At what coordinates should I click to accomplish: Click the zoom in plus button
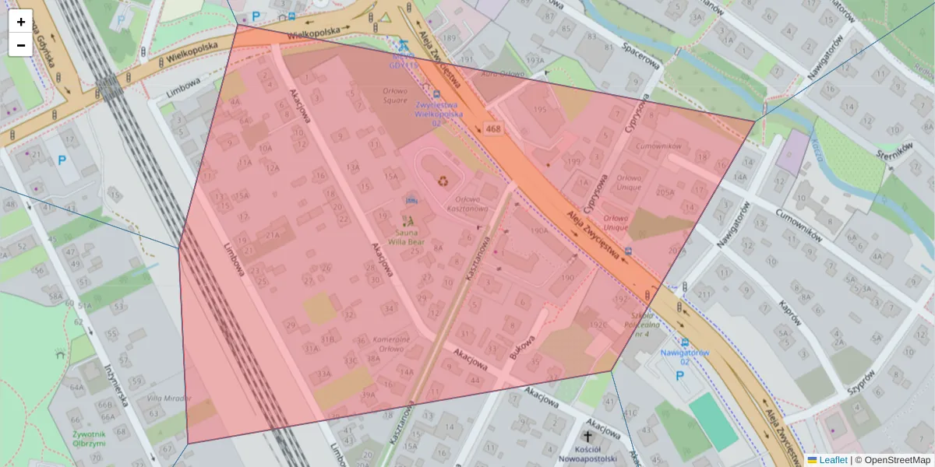coord(21,21)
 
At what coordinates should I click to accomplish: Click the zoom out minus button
coord(21,45)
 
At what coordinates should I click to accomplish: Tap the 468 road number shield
coord(492,128)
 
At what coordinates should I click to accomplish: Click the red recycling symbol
coord(443,181)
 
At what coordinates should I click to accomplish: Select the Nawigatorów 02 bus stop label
coord(684,356)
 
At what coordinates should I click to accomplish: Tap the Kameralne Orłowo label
coord(391,344)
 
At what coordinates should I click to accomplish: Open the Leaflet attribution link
coord(832,460)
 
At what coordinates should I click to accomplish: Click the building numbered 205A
coord(665,192)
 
